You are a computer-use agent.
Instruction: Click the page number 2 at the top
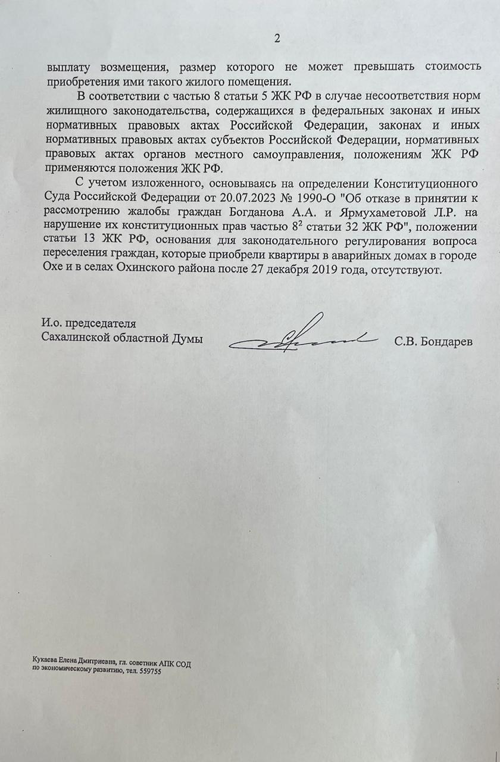pyautogui.click(x=276, y=39)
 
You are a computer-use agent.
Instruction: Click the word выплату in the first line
pyautogui.click(x=65, y=67)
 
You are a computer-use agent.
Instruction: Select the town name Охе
pyautogui.click(x=55, y=270)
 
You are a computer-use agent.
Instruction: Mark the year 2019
pyautogui.click(x=322, y=270)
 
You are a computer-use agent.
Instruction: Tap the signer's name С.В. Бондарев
pyautogui.click(x=433, y=343)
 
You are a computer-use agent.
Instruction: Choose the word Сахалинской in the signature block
pyautogui.click(x=71, y=338)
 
